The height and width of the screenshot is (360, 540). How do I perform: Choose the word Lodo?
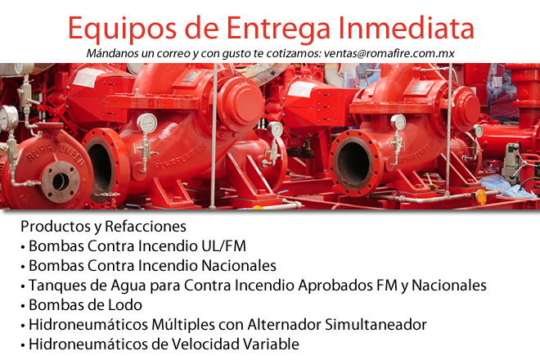pos(119,305)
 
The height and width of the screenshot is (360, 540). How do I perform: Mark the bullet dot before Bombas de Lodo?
pos(22,305)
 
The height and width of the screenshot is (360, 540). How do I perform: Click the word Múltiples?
pos(164,325)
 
